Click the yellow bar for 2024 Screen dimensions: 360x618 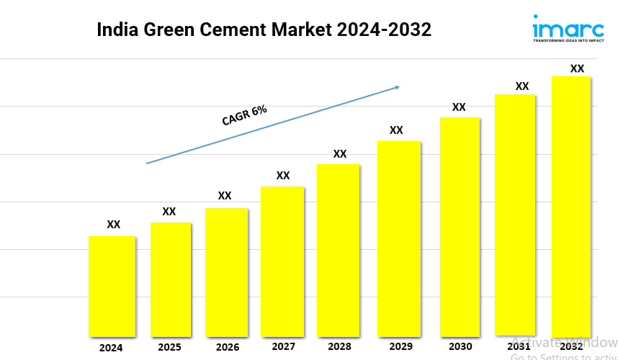click(112, 286)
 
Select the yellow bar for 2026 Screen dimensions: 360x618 click(226, 272)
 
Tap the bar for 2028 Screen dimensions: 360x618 click(338, 250)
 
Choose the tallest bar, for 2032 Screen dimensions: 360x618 click(570, 206)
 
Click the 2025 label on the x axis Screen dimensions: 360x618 click(169, 348)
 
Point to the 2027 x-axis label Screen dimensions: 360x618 click(283, 347)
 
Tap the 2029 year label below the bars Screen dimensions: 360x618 click(396, 347)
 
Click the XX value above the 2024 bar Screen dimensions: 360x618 click(114, 225)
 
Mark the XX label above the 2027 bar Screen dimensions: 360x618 click(283, 176)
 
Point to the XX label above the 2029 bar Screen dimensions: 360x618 click(396, 130)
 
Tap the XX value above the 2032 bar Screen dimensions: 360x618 click(577, 68)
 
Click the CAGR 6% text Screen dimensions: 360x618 click(244, 115)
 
